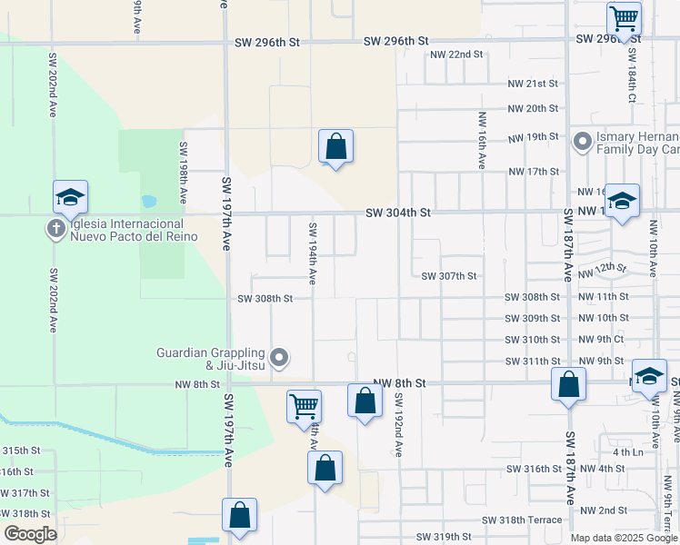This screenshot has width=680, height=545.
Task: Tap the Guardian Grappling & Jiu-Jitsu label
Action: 210,359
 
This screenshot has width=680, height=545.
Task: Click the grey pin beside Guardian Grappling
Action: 280,359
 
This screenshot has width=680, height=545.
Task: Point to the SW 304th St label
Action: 397,213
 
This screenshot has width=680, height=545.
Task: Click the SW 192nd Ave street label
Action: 398,424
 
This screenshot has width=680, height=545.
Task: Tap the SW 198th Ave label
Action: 183,172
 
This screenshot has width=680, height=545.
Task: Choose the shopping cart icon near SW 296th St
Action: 624,17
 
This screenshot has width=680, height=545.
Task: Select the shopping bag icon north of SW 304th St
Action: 335,145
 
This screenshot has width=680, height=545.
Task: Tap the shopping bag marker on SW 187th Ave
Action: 568,383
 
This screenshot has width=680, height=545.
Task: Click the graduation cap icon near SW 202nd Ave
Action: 70,196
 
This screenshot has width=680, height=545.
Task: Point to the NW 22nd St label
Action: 456,54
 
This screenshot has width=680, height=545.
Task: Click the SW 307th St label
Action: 449,276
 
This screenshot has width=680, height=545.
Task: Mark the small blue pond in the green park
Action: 148,201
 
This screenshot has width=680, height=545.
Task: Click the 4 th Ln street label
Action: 627,451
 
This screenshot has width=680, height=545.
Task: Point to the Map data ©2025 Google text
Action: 624,538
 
